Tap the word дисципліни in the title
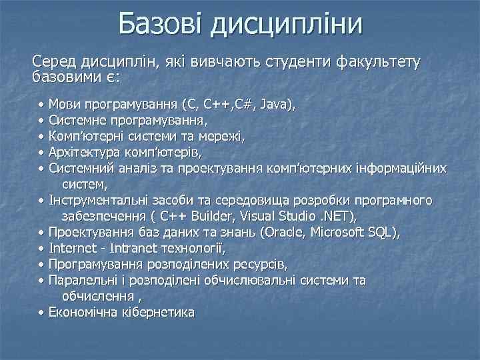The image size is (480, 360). pyautogui.click(x=287, y=25)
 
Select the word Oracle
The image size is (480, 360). pyautogui.click(x=287, y=233)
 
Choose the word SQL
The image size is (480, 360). pyautogui.click(x=385, y=233)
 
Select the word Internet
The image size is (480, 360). pyautogui.click(x=73, y=249)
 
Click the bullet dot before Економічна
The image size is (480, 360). pyautogui.click(x=41, y=313)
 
